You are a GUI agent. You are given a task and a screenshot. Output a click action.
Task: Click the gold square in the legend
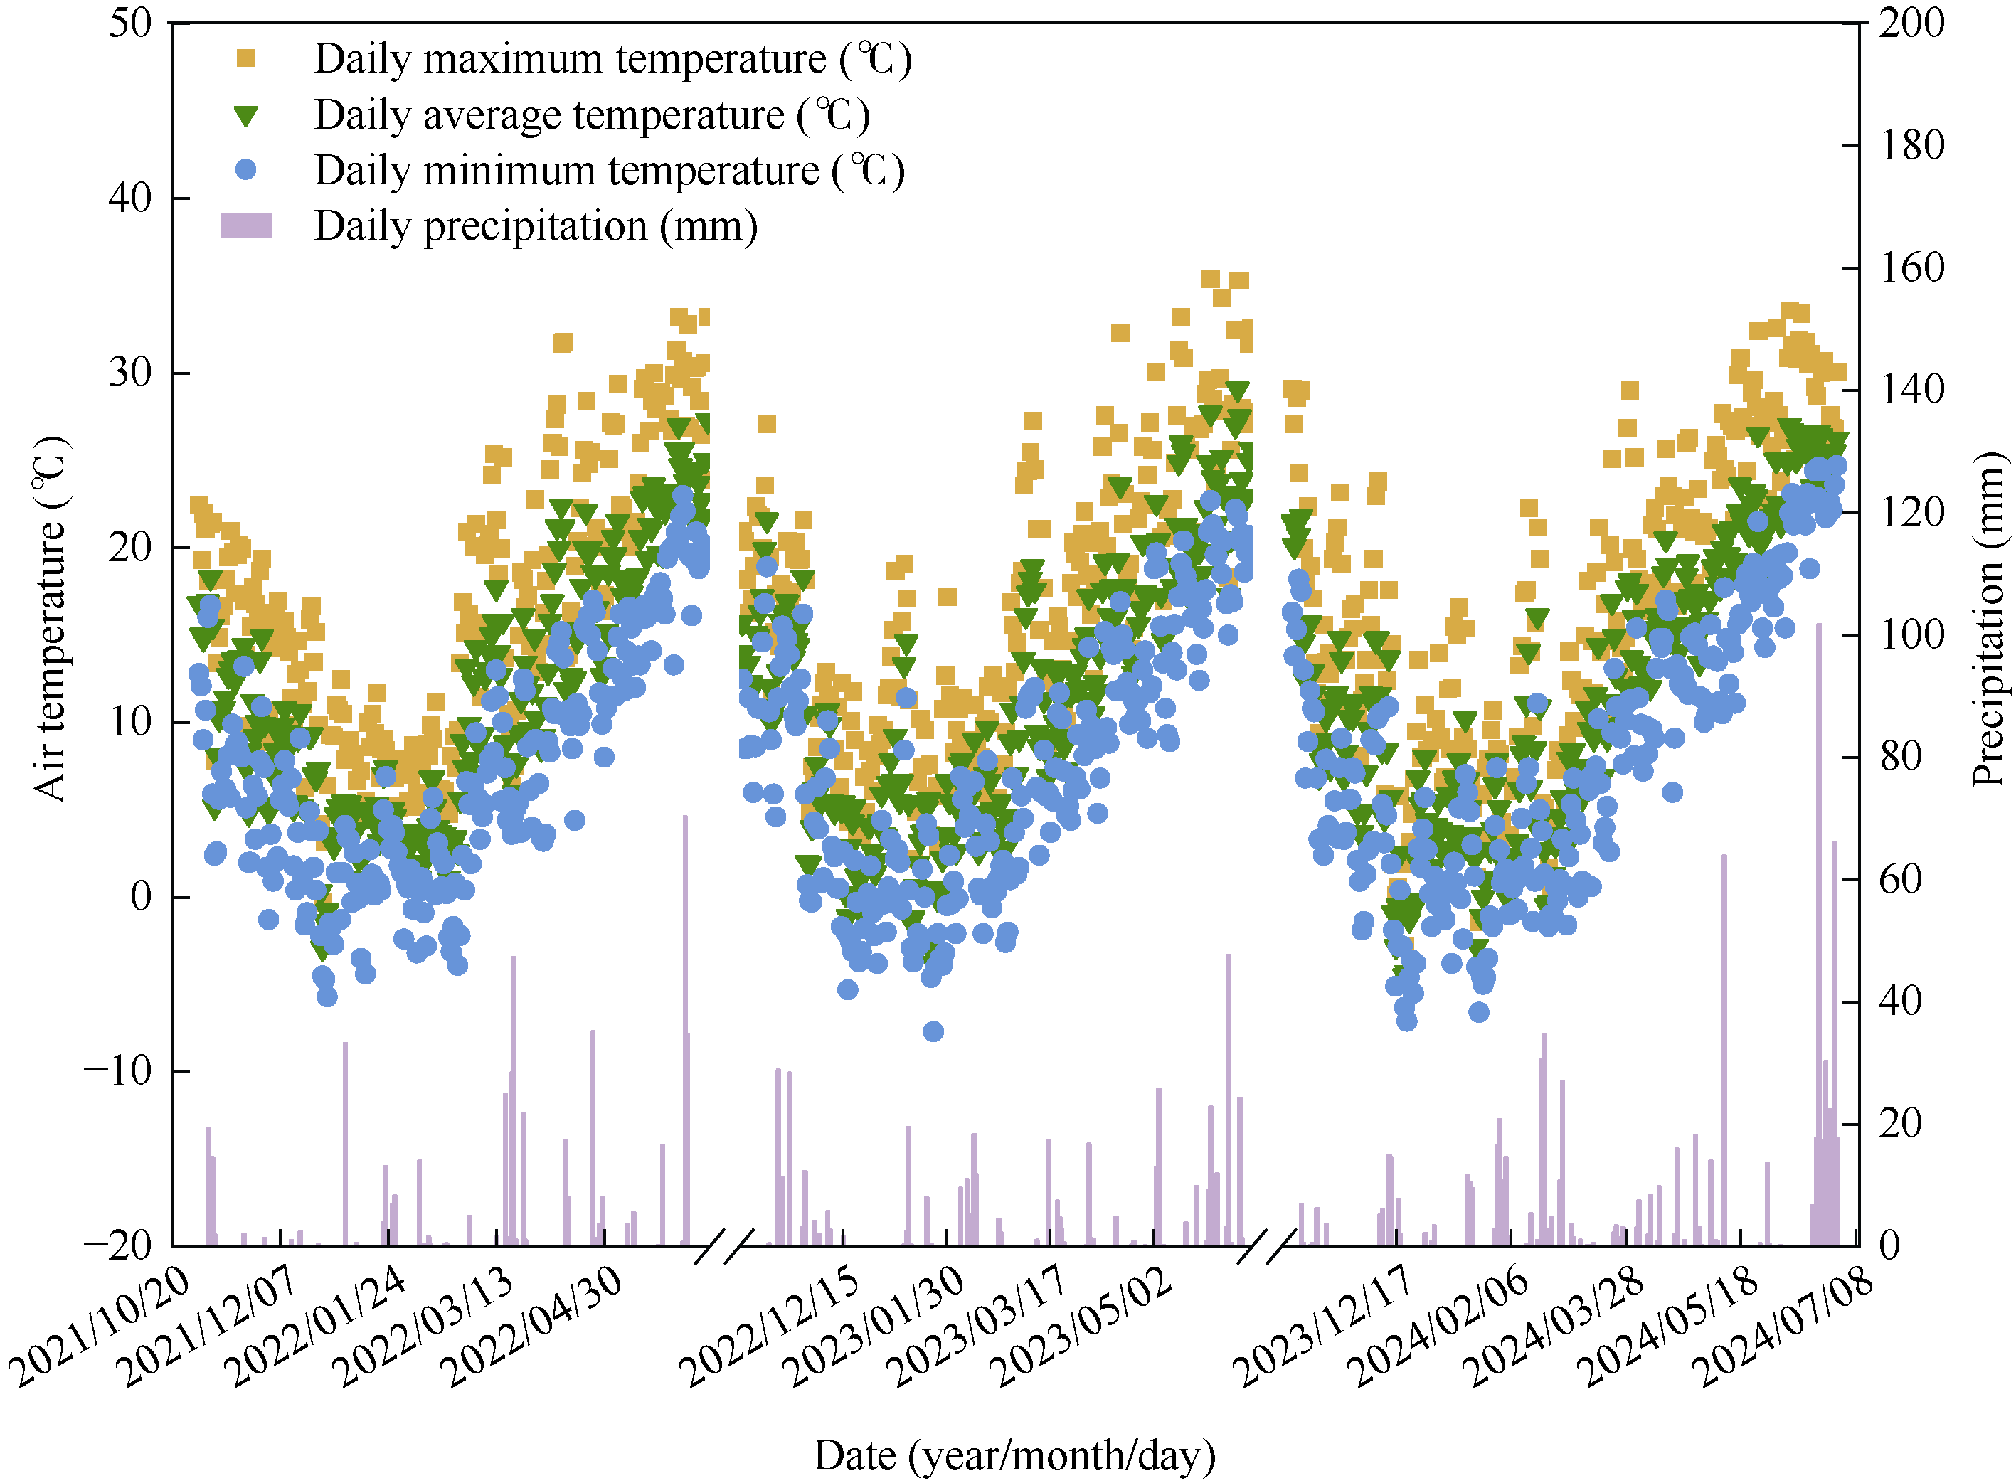click(x=245, y=58)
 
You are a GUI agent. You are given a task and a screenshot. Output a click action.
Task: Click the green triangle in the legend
click(x=245, y=116)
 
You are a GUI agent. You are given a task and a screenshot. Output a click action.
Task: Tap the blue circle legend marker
click(x=245, y=170)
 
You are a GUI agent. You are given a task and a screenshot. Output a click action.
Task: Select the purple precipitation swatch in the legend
click(x=245, y=225)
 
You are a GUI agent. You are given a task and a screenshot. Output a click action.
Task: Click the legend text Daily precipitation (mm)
click(x=535, y=226)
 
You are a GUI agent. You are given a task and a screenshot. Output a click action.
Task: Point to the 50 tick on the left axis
click(x=131, y=23)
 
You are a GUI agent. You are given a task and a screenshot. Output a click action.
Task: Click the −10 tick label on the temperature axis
click(x=117, y=1071)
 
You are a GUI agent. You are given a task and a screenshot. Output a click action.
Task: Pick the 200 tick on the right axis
click(x=1912, y=23)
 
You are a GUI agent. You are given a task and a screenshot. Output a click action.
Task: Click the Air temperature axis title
click(x=51, y=620)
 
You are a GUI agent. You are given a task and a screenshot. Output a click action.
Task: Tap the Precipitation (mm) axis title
click(x=1988, y=620)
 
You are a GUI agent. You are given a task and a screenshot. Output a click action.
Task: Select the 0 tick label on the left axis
click(x=142, y=897)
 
